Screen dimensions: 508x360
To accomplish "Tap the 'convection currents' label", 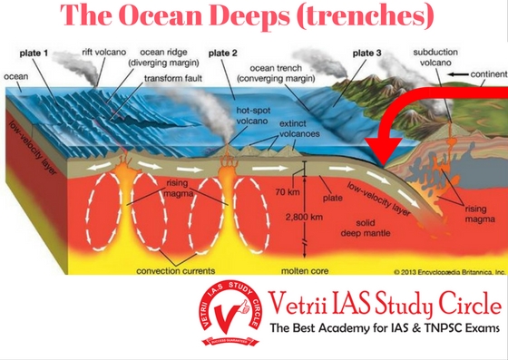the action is [175, 269].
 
